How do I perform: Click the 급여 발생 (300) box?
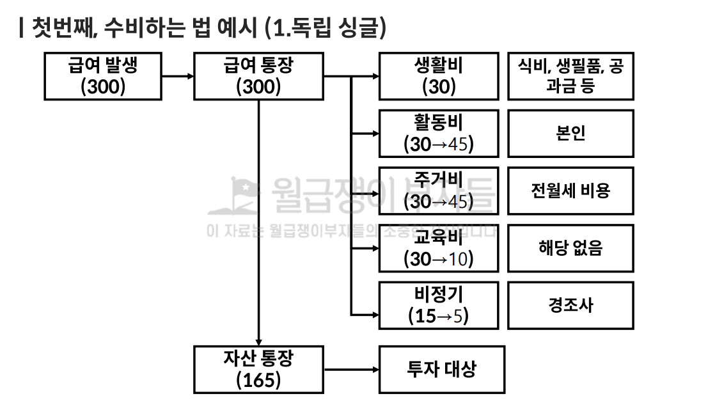pos(103,76)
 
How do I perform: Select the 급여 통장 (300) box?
pos(258,76)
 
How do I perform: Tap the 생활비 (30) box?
pos(439,76)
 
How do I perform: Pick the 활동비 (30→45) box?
pos(439,133)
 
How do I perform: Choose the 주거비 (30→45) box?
pos(439,191)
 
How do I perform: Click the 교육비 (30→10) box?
pos(439,248)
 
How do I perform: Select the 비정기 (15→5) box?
pos(439,305)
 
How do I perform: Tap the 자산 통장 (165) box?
pos(258,369)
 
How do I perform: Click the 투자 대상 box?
pos(442,369)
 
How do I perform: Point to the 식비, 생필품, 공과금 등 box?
pos(570,76)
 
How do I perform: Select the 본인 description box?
pos(570,133)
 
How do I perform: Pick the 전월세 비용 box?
pos(570,191)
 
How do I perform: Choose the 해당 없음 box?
pos(570,248)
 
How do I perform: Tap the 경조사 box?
pos(570,305)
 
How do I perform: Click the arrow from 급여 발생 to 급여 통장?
pos(178,76)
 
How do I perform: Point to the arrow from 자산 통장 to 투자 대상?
pos(351,369)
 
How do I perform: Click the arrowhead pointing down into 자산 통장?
pos(258,342)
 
